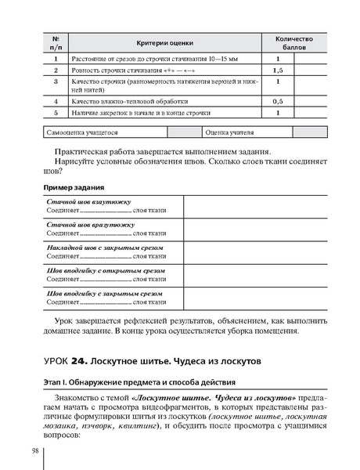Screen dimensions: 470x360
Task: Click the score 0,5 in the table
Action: pos(278,102)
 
